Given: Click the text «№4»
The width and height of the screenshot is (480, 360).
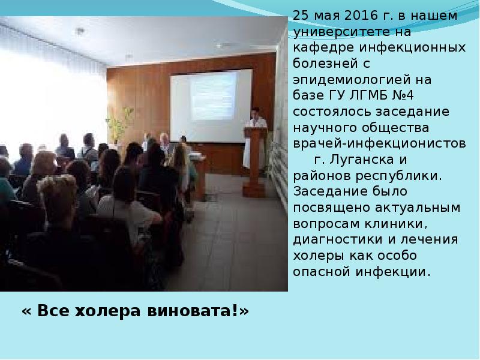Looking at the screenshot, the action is (403, 95).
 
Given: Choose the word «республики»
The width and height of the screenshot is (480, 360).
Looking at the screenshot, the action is (399, 176).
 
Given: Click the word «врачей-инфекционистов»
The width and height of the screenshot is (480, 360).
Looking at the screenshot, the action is (380, 143).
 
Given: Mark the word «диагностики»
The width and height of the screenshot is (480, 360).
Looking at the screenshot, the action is (338, 239).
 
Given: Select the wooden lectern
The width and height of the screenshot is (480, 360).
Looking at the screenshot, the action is (254, 162).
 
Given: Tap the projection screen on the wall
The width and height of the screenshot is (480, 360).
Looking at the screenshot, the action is (211, 106).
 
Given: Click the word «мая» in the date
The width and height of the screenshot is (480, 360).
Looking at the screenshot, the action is (327, 16).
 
